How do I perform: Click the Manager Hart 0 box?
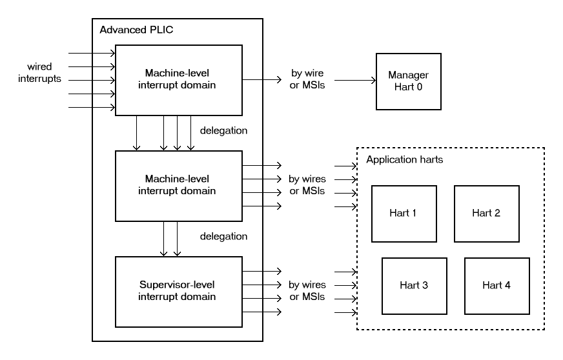(409, 81)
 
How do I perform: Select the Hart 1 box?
(404, 214)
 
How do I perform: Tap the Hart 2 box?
(486, 214)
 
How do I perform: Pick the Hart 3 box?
(414, 285)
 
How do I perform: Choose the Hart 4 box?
(496, 285)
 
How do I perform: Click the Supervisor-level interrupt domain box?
(178, 290)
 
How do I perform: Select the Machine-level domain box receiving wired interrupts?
(178, 81)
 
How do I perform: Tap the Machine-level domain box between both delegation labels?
(178, 185)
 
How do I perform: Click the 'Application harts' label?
(404, 159)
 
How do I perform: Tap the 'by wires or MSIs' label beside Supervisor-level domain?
(307, 290)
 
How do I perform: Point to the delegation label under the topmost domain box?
(223, 131)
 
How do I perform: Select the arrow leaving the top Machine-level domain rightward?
(261, 81)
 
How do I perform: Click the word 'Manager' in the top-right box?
(408, 74)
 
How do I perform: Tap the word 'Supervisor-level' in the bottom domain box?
(178, 285)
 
